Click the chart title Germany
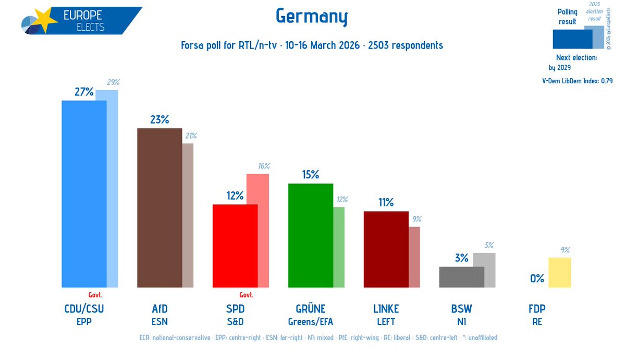pyautogui.click(x=311, y=18)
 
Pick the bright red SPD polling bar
pyautogui.click(x=235, y=245)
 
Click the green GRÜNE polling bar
pyautogui.click(x=310, y=235)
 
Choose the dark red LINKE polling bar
pyautogui.click(x=386, y=249)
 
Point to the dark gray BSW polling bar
pyautogui.click(x=461, y=277)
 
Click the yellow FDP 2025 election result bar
pyautogui.click(x=559, y=272)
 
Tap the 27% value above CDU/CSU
pyautogui.click(x=84, y=92)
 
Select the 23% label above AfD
pyautogui.click(x=159, y=120)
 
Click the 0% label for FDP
pyautogui.click(x=537, y=279)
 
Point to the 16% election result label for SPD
pyautogui.click(x=264, y=166)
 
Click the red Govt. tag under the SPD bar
pyautogui.click(x=246, y=294)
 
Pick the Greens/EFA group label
pyautogui.click(x=310, y=321)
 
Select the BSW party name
pyautogui.click(x=461, y=309)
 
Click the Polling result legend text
pyautogui.click(x=567, y=17)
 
